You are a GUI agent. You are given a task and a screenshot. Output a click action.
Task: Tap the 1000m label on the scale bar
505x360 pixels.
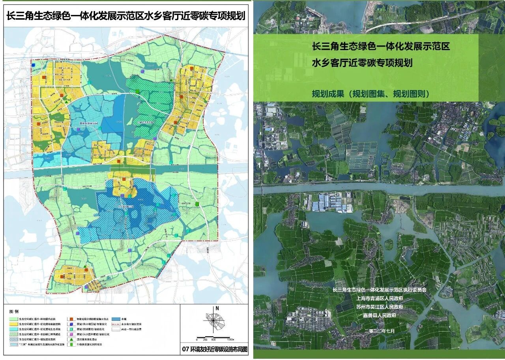tap(230, 339)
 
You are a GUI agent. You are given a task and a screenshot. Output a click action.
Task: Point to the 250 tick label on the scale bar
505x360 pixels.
tap(205, 339)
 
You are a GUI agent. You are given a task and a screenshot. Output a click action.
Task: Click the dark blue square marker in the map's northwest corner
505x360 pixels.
tap(34, 65)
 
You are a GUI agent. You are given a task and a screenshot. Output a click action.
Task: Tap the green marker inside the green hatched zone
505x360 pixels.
tap(137, 92)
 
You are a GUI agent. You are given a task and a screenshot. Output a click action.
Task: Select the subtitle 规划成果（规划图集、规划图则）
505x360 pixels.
tap(370, 94)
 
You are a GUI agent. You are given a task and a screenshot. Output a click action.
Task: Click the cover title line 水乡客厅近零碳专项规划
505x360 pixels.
tap(362, 63)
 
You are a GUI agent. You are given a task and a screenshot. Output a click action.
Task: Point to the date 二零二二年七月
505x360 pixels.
tap(380, 330)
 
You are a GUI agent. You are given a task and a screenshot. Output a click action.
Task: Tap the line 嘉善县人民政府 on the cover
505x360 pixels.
tap(380, 315)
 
